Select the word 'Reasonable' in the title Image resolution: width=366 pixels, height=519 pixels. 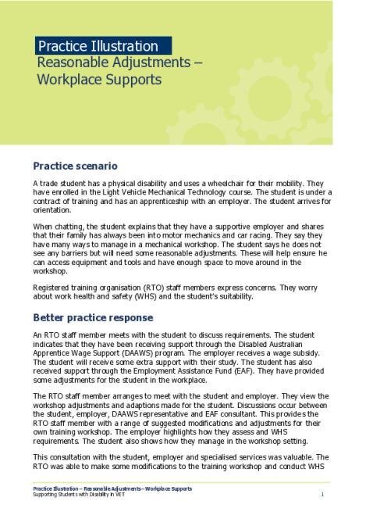tap(75, 63)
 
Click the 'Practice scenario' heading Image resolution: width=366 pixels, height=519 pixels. tap(75, 166)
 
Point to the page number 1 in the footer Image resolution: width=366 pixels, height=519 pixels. tap(322, 496)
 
